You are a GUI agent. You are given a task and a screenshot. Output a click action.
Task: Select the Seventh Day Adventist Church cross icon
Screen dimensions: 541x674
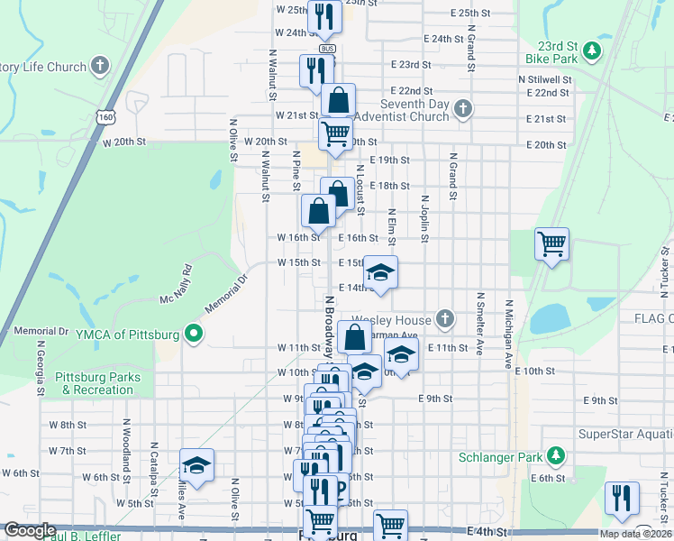[463, 109]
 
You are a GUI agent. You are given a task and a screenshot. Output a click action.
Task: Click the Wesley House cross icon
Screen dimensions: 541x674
[444, 318]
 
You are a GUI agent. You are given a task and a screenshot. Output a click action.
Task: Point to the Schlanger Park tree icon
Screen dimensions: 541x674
[558, 457]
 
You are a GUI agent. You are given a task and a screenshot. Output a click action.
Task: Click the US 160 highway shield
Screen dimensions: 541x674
[107, 117]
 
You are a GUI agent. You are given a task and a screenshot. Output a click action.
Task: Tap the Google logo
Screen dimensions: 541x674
[29, 531]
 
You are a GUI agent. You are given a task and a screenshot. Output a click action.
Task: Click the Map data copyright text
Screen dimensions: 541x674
[625, 534]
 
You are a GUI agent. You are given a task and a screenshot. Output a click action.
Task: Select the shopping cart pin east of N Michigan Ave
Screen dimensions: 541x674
[551, 243]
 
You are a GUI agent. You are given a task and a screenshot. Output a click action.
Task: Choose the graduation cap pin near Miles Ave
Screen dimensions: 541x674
[196, 465]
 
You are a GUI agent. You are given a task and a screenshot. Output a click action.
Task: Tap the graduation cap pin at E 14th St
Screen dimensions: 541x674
[380, 272]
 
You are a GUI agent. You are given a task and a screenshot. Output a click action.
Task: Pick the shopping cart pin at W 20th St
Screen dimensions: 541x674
[335, 133]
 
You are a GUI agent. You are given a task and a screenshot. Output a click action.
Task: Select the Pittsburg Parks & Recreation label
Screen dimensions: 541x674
[93, 383]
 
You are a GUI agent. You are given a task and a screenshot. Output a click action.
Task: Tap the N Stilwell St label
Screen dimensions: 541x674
[544, 79]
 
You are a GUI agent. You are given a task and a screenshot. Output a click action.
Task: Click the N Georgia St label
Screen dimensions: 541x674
[41, 367]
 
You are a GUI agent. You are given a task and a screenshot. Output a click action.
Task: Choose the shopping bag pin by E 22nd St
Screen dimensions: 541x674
[338, 100]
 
